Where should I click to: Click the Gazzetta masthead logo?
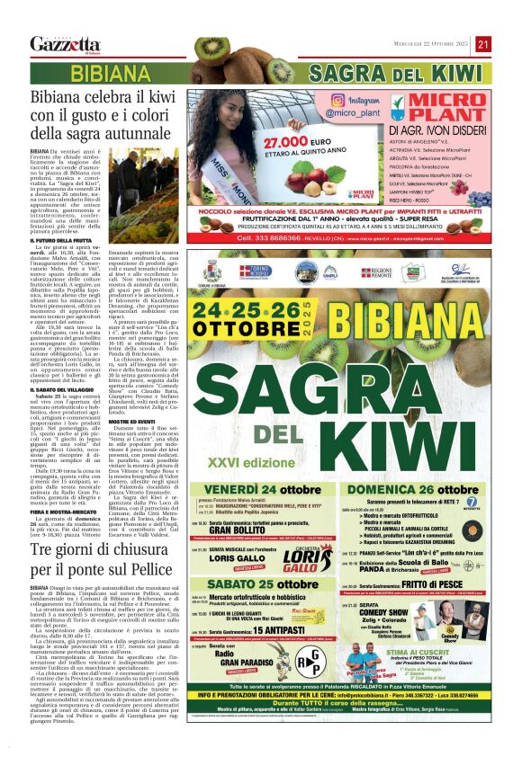click(x=65, y=44)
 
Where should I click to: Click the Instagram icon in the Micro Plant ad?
click(x=337, y=102)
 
